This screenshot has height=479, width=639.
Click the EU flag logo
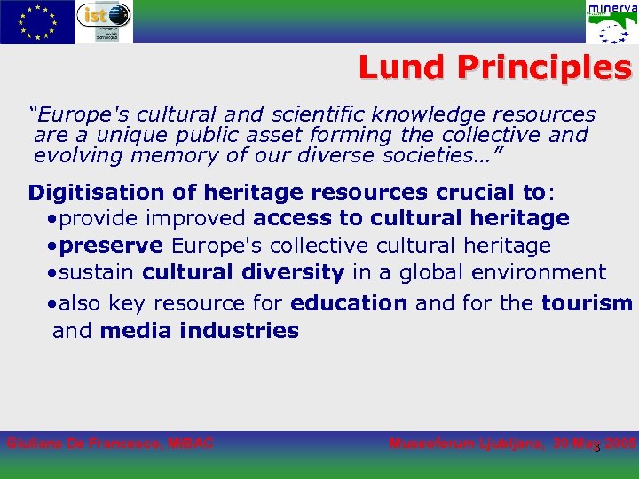point(37,21)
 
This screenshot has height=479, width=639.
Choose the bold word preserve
point(112,246)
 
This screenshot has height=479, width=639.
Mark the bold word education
point(349,303)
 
